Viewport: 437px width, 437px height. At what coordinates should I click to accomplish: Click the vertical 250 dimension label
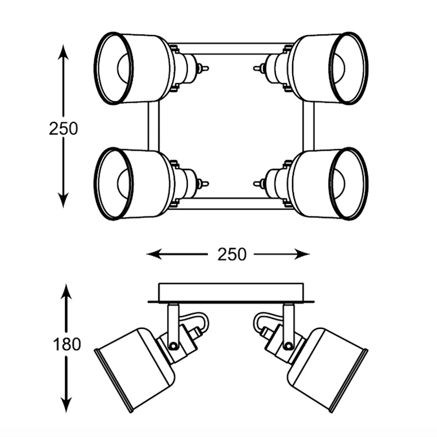click(x=63, y=129)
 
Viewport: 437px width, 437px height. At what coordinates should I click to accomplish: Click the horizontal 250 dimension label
click(x=232, y=254)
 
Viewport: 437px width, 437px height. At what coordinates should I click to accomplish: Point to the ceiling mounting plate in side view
click(x=231, y=292)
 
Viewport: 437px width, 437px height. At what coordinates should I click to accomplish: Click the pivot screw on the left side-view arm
click(x=173, y=345)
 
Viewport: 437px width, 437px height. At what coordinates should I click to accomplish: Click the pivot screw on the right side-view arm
click(x=288, y=345)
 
